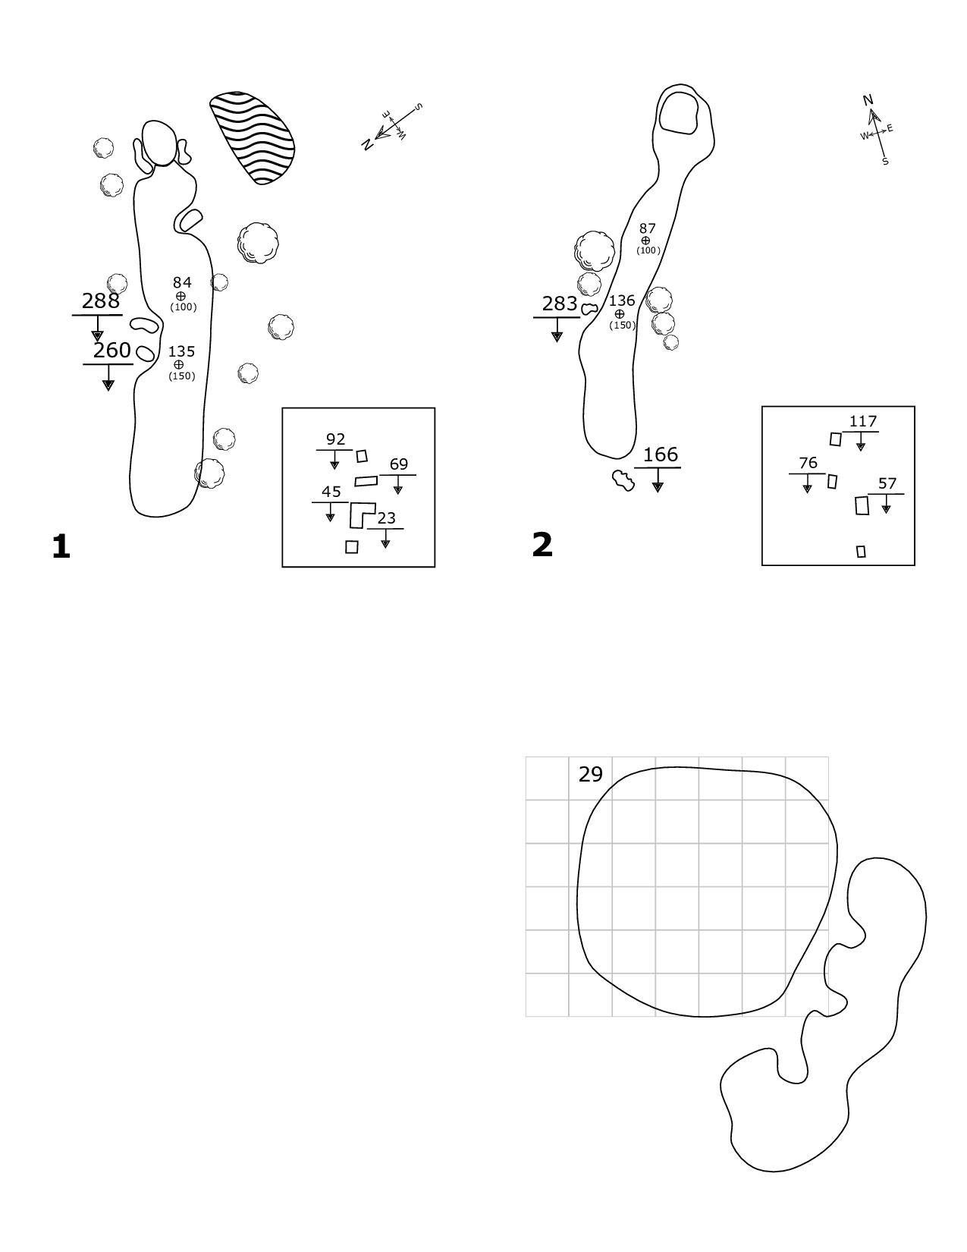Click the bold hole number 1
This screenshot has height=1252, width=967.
coord(61,546)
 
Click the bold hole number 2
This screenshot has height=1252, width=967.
coord(542,545)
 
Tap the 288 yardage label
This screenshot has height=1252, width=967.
coord(101,301)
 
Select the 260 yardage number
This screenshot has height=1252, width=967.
coord(111,351)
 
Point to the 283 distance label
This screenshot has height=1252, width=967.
coord(560,304)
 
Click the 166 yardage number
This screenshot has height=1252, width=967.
coord(660,455)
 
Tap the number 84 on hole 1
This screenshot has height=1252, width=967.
coord(182,283)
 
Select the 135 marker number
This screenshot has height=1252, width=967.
coord(181,351)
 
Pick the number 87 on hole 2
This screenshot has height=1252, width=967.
coord(647,228)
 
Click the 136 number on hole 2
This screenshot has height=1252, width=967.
coord(622,301)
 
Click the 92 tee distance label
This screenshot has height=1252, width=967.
coord(335,439)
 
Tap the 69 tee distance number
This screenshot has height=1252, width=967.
coord(398,464)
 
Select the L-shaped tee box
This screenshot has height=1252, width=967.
coord(360,514)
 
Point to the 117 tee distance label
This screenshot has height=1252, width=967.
coord(863,421)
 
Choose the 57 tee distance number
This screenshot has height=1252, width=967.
coord(887,483)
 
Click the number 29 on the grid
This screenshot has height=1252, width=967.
coord(590,774)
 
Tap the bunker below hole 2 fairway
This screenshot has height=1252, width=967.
coord(623,480)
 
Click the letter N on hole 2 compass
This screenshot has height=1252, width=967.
coord(868,100)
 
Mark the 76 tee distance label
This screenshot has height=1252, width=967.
coord(808,463)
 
